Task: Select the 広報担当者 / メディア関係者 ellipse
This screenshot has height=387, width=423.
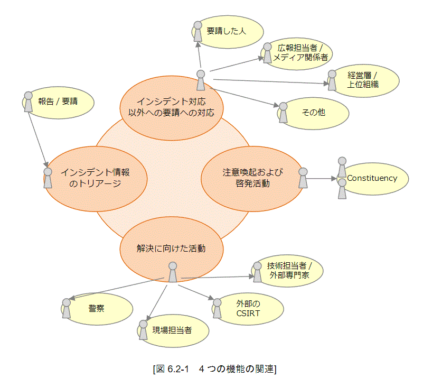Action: tap(300, 53)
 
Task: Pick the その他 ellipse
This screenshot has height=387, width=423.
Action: tap(314, 112)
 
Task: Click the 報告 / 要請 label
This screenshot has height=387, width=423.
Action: tap(58, 100)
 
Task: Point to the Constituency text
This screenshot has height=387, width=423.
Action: tap(372, 178)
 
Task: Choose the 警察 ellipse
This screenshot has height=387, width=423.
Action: tap(96, 308)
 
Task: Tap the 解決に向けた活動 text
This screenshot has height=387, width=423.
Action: tap(171, 248)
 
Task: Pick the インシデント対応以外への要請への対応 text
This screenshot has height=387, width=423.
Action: tap(171, 106)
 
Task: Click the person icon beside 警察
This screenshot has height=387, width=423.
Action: tap(66, 308)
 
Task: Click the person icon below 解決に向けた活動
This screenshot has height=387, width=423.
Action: tap(172, 272)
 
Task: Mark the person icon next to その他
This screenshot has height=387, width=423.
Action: tap(283, 113)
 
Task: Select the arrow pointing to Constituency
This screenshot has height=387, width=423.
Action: tap(322, 178)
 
